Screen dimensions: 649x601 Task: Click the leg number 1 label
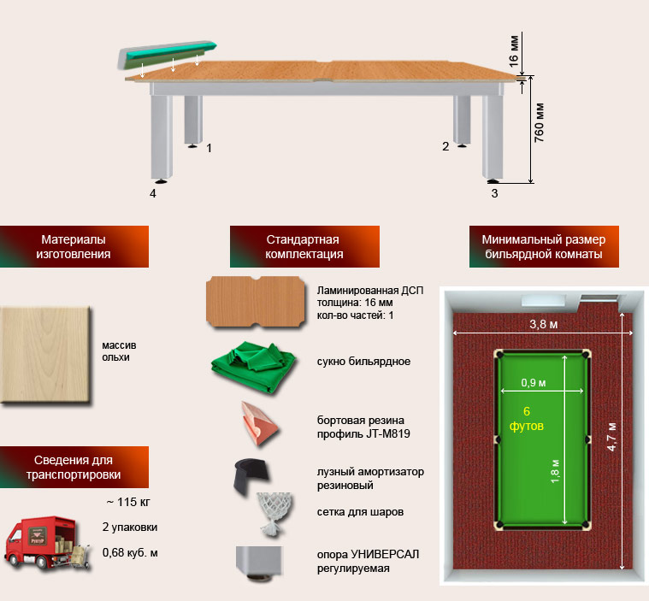tap(209, 148)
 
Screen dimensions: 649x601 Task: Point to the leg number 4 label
tap(153, 193)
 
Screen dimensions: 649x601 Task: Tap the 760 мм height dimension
tap(539, 123)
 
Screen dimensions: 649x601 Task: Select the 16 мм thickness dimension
tap(513, 51)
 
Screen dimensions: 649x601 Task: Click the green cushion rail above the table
tap(167, 54)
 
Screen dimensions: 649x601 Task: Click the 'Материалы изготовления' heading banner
tap(74, 246)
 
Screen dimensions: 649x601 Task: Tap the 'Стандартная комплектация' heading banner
tap(304, 246)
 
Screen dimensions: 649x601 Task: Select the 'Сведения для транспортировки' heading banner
tap(74, 467)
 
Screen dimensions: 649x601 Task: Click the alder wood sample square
tap(44, 354)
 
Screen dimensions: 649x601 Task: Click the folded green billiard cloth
tap(253, 366)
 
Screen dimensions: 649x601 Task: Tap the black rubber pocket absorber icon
tap(251, 476)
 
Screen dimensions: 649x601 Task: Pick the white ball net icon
tap(273, 514)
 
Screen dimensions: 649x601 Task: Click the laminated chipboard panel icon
tap(256, 302)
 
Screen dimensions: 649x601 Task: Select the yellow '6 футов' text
tap(527, 418)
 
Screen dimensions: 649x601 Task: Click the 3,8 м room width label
tap(544, 324)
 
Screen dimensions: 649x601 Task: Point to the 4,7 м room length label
tap(611, 437)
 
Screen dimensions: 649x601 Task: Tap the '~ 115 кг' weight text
tap(128, 502)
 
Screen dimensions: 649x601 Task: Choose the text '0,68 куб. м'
tap(130, 552)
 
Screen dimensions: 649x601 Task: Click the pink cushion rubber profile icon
tap(258, 423)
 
